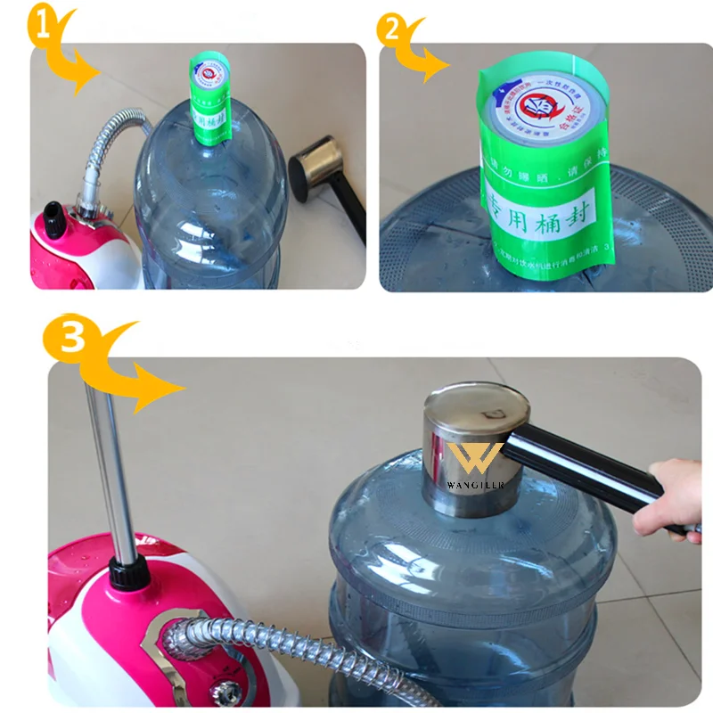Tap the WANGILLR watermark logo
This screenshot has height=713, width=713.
475,468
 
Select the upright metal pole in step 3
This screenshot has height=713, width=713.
109,463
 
